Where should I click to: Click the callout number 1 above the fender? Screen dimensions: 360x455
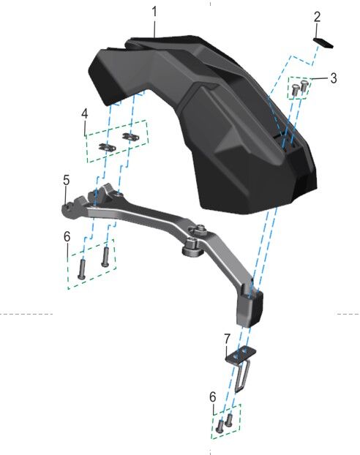pyautogui.click(x=154, y=12)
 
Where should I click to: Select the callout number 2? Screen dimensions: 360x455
pyautogui.click(x=317, y=17)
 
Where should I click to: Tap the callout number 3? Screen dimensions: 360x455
pyautogui.click(x=334, y=78)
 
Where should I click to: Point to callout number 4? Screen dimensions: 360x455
pyautogui.click(x=84, y=114)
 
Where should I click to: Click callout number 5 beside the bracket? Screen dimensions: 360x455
pyautogui.click(x=67, y=181)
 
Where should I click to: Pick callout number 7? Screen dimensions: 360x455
pyautogui.click(x=227, y=339)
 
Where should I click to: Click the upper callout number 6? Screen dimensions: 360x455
pyautogui.click(x=67, y=237)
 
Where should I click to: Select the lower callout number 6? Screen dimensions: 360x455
pyautogui.click(x=213, y=396)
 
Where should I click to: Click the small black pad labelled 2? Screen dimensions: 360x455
pyautogui.click(x=323, y=42)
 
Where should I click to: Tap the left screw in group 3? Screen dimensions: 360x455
pyautogui.click(x=295, y=89)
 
